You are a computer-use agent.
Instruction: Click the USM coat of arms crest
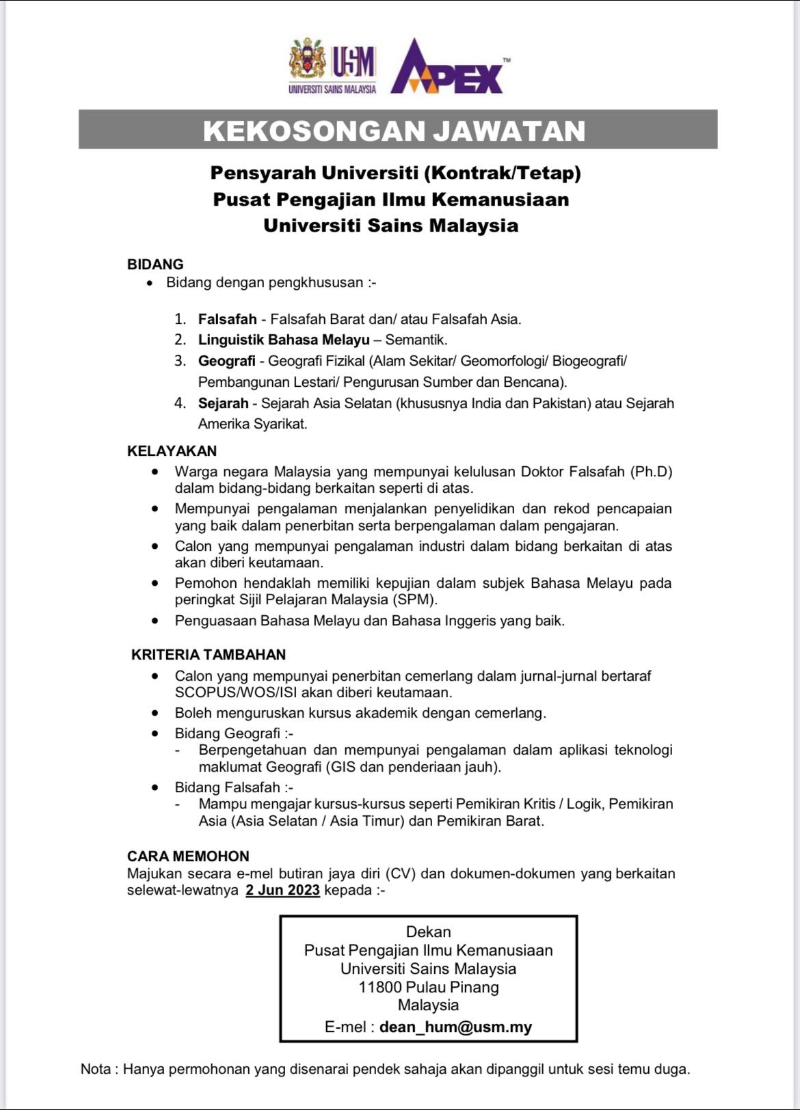(308, 62)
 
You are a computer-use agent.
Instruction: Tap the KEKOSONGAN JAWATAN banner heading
(395, 131)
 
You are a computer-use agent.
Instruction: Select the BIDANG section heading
(155, 265)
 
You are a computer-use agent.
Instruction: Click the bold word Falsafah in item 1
(228, 319)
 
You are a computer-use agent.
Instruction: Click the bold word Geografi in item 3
(227, 361)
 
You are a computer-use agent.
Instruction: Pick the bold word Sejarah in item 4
(224, 403)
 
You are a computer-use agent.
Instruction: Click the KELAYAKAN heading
(172, 451)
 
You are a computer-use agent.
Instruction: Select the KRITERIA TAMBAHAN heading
(209, 655)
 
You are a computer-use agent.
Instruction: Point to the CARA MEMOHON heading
(188, 856)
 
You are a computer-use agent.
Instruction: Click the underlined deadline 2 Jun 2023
(283, 890)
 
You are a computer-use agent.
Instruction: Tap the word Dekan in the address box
(429, 932)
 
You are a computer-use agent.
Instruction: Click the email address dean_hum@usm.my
(455, 1027)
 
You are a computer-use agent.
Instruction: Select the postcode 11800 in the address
(380, 987)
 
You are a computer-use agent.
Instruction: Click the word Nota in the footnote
(96, 1069)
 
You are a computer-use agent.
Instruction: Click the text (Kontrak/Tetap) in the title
(503, 173)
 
